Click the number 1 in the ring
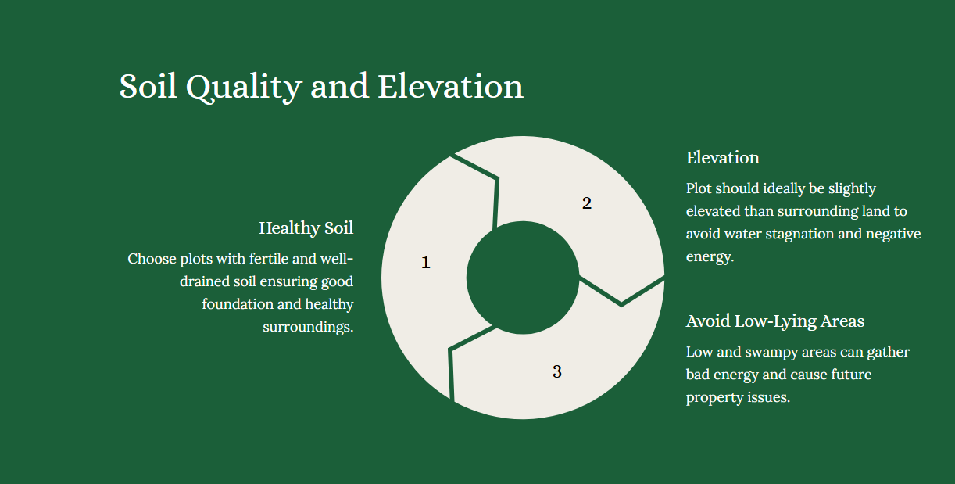(425, 263)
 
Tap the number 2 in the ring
(587, 203)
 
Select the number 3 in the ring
(556, 371)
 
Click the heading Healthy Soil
(306, 228)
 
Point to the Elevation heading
(723, 158)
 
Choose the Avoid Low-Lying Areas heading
(775, 321)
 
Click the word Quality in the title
(244, 88)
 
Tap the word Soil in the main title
(148, 86)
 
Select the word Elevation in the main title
(451, 86)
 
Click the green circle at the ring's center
(523, 278)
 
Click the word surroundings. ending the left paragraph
(308, 327)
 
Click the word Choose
(152, 259)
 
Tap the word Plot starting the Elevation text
(699, 188)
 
